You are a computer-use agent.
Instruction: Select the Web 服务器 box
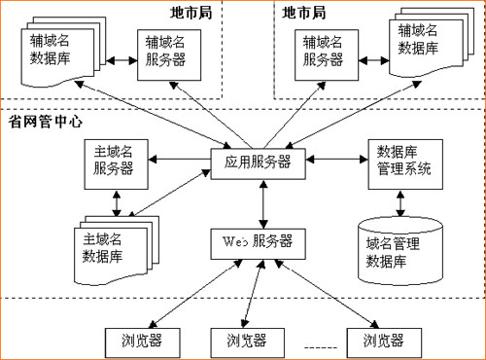253,240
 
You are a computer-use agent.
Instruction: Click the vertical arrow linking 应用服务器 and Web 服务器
262,200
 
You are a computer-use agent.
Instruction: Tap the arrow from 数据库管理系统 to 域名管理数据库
398,200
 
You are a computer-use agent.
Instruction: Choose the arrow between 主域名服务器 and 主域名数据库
115,200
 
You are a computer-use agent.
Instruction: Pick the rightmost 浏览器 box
382,342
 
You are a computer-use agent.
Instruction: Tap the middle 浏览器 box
247,342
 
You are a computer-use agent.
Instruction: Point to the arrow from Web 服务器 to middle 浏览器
256,293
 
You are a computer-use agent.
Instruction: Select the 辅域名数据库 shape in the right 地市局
426,47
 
